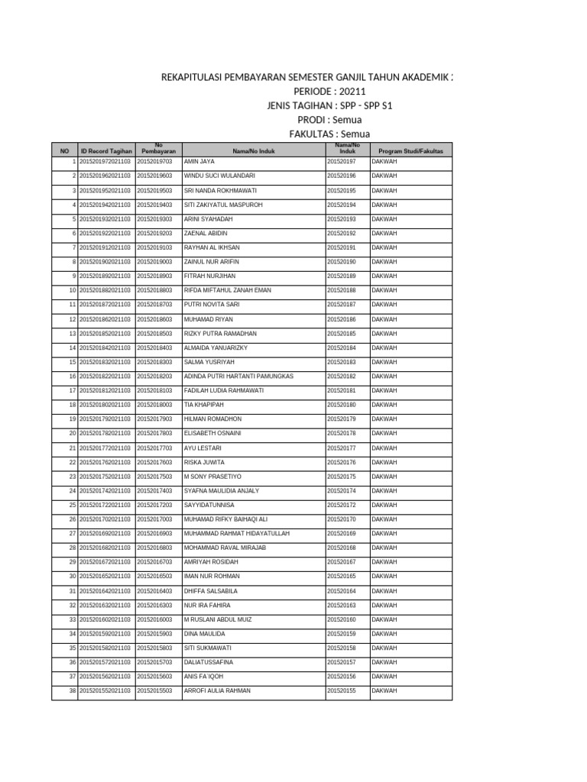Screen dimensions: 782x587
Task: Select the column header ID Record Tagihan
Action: point(106,151)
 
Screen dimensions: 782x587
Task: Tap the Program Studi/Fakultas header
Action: point(410,151)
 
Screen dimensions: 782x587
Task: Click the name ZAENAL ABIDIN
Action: point(206,233)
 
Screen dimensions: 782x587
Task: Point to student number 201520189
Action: point(342,276)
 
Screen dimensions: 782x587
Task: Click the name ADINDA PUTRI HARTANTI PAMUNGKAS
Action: point(238,376)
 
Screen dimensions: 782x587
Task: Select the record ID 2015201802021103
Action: point(105,405)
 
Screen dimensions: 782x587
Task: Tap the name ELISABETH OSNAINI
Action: point(212,433)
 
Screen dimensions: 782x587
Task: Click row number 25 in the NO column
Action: point(73,505)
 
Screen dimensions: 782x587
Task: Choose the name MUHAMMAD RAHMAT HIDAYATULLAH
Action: point(237,533)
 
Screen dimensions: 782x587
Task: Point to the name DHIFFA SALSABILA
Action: point(211,590)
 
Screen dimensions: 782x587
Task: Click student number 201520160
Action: point(342,619)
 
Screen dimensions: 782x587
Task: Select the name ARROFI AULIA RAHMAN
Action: point(217,690)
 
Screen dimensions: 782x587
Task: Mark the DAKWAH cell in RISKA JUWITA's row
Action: point(384,462)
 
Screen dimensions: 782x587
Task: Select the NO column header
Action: point(64,151)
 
